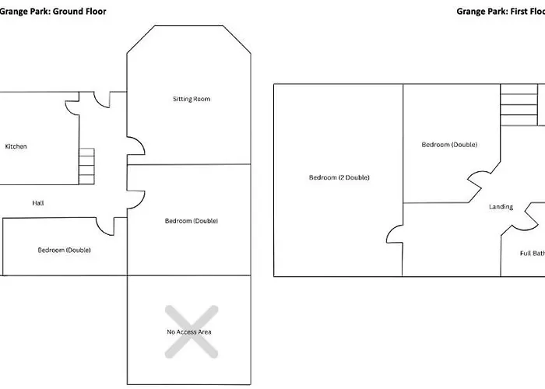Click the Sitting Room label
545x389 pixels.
coord(192,99)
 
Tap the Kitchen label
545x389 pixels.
coord(16,146)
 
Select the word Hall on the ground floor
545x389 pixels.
coord(38,203)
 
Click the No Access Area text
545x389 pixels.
coord(189,331)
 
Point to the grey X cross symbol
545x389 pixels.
coord(192,331)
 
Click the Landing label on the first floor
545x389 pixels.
coord(501,207)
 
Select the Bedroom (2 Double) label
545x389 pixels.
coord(339,177)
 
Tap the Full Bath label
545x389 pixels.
coord(533,253)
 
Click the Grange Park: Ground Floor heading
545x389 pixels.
coord(53,11)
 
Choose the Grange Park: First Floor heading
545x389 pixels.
coord(501,11)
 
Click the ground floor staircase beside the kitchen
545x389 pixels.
coord(86,166)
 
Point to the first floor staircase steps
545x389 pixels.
coord(519,105)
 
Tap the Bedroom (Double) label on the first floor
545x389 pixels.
coord(449,145)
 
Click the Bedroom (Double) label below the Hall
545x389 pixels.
coord(65,250)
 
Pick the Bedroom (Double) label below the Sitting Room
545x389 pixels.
coord(192,221)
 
